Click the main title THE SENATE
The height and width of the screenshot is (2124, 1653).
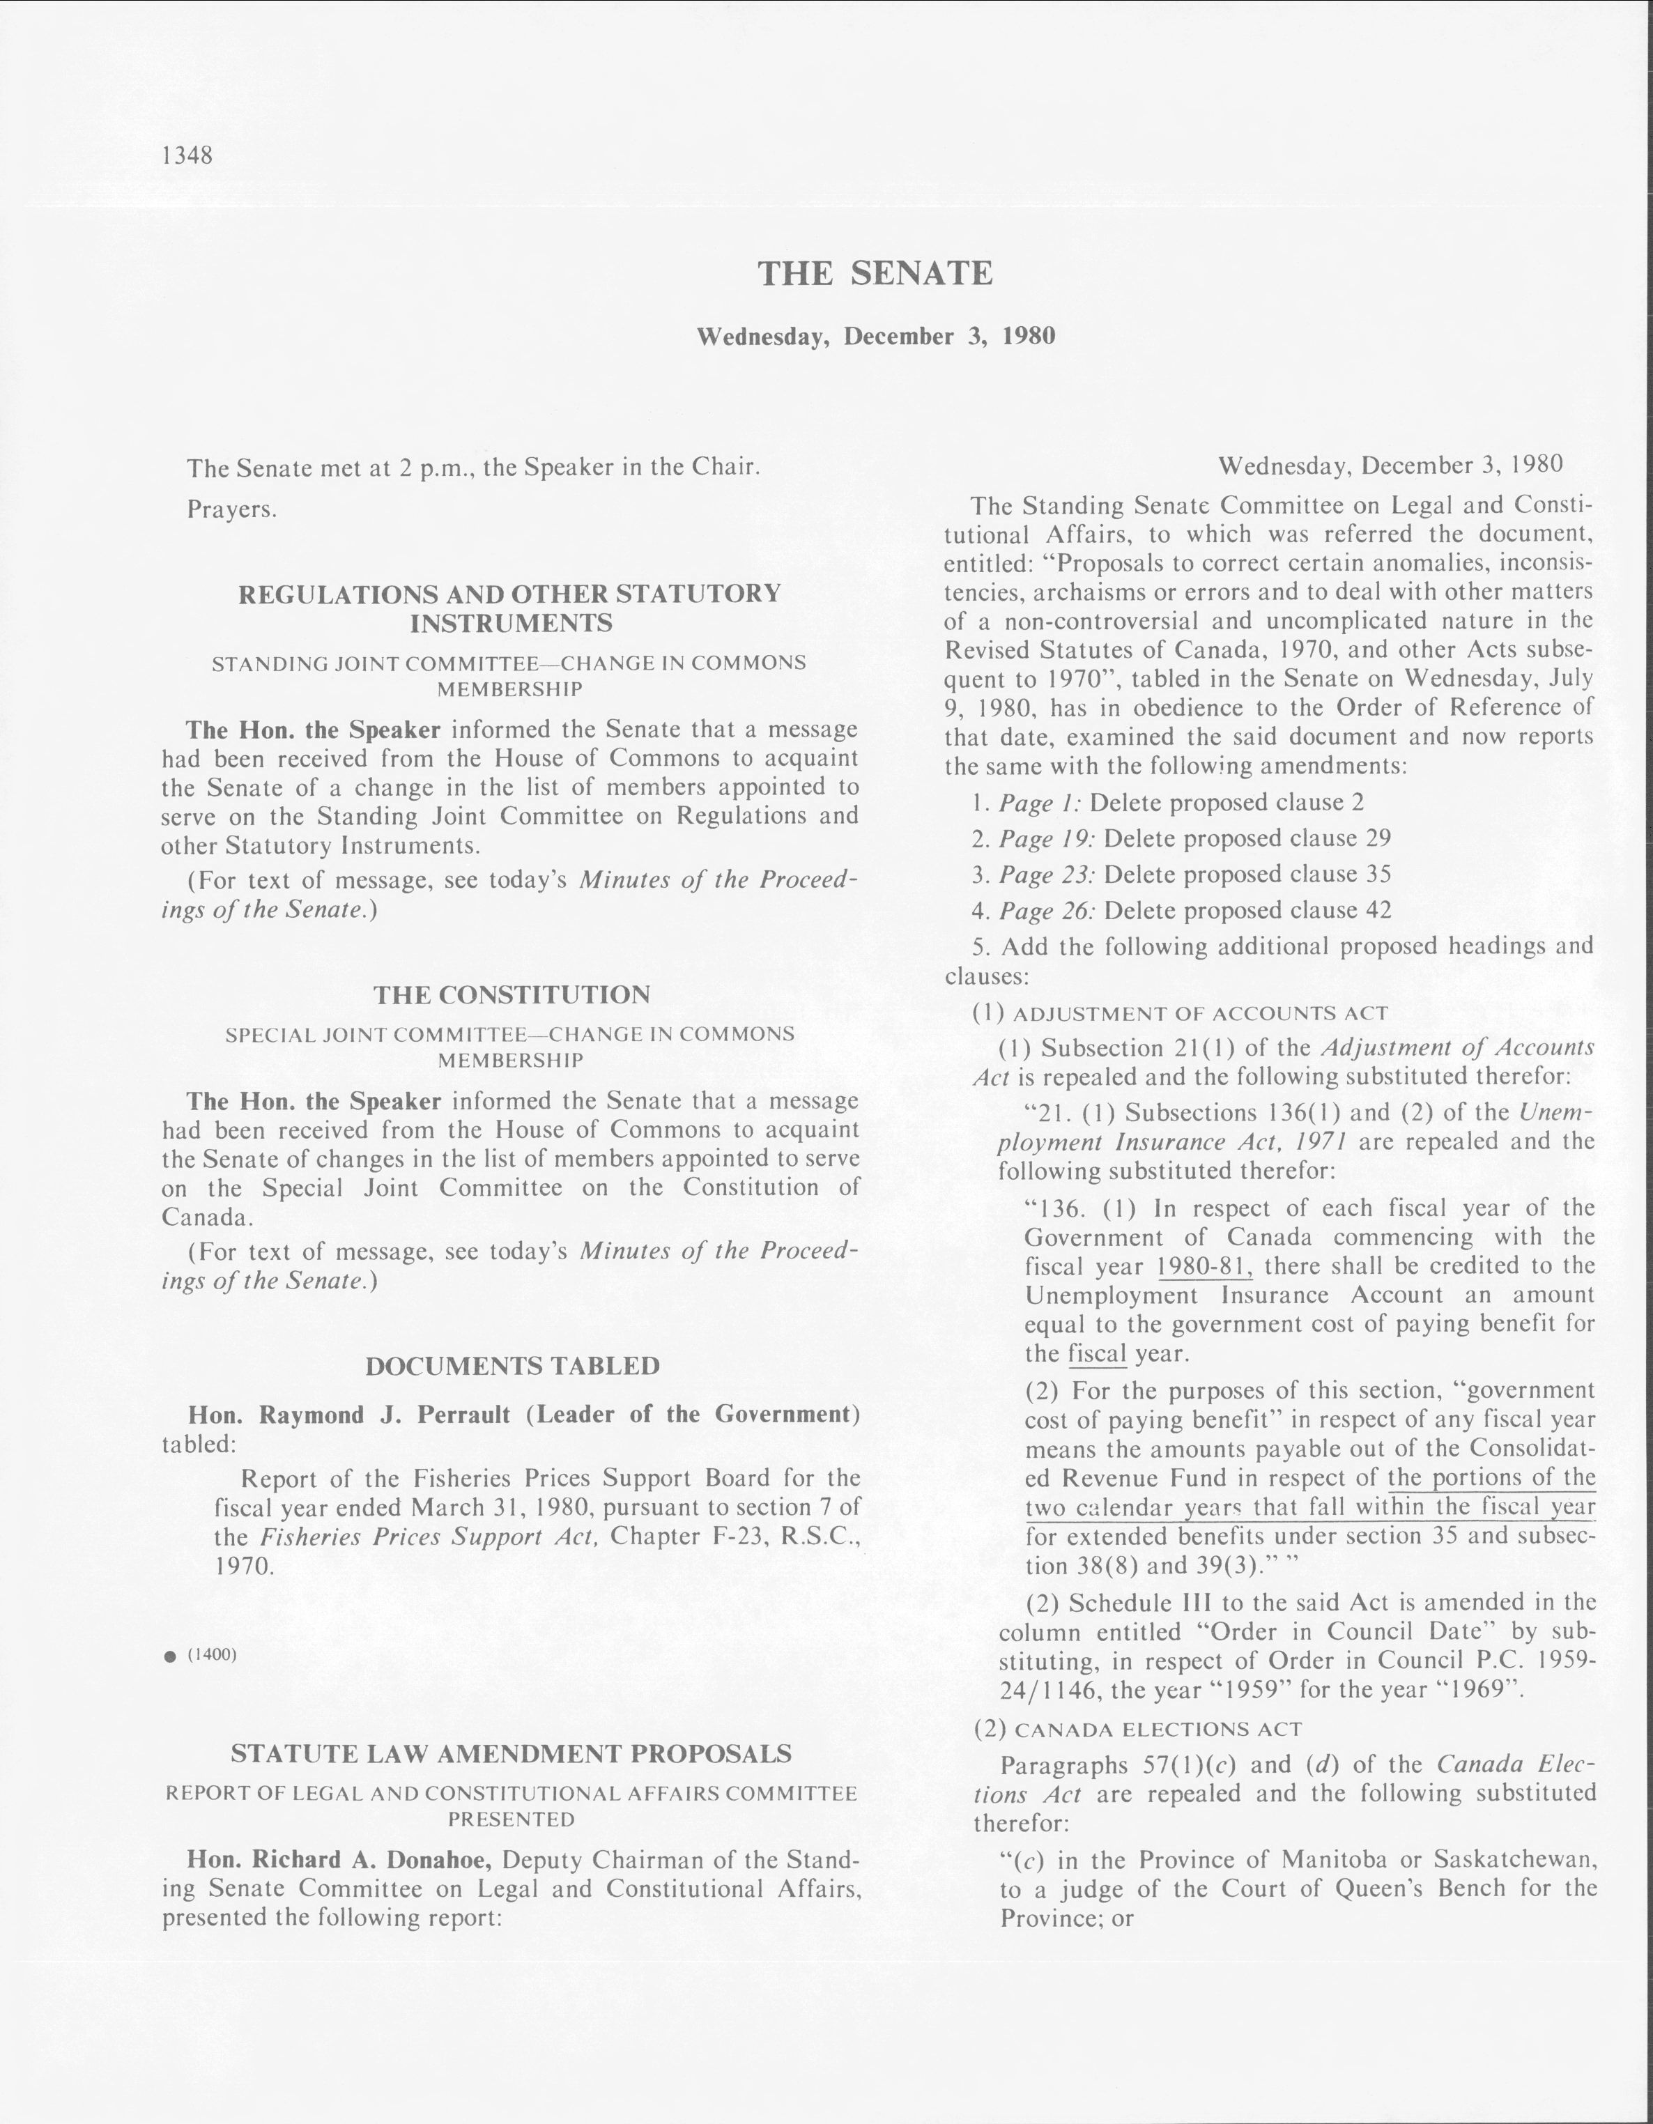[875, 273]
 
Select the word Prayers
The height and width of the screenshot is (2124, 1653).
[232, 509]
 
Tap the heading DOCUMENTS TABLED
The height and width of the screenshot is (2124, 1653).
[512, 1367]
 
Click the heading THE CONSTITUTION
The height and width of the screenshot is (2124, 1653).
[512, 995]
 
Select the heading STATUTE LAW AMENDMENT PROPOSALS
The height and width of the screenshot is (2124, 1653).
[512, 1753]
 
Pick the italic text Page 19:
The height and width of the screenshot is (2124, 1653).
[1048, 838]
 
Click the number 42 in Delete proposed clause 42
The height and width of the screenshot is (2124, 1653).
[1378, 910]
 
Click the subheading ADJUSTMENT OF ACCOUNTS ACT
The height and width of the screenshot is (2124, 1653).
[1200, 1013]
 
